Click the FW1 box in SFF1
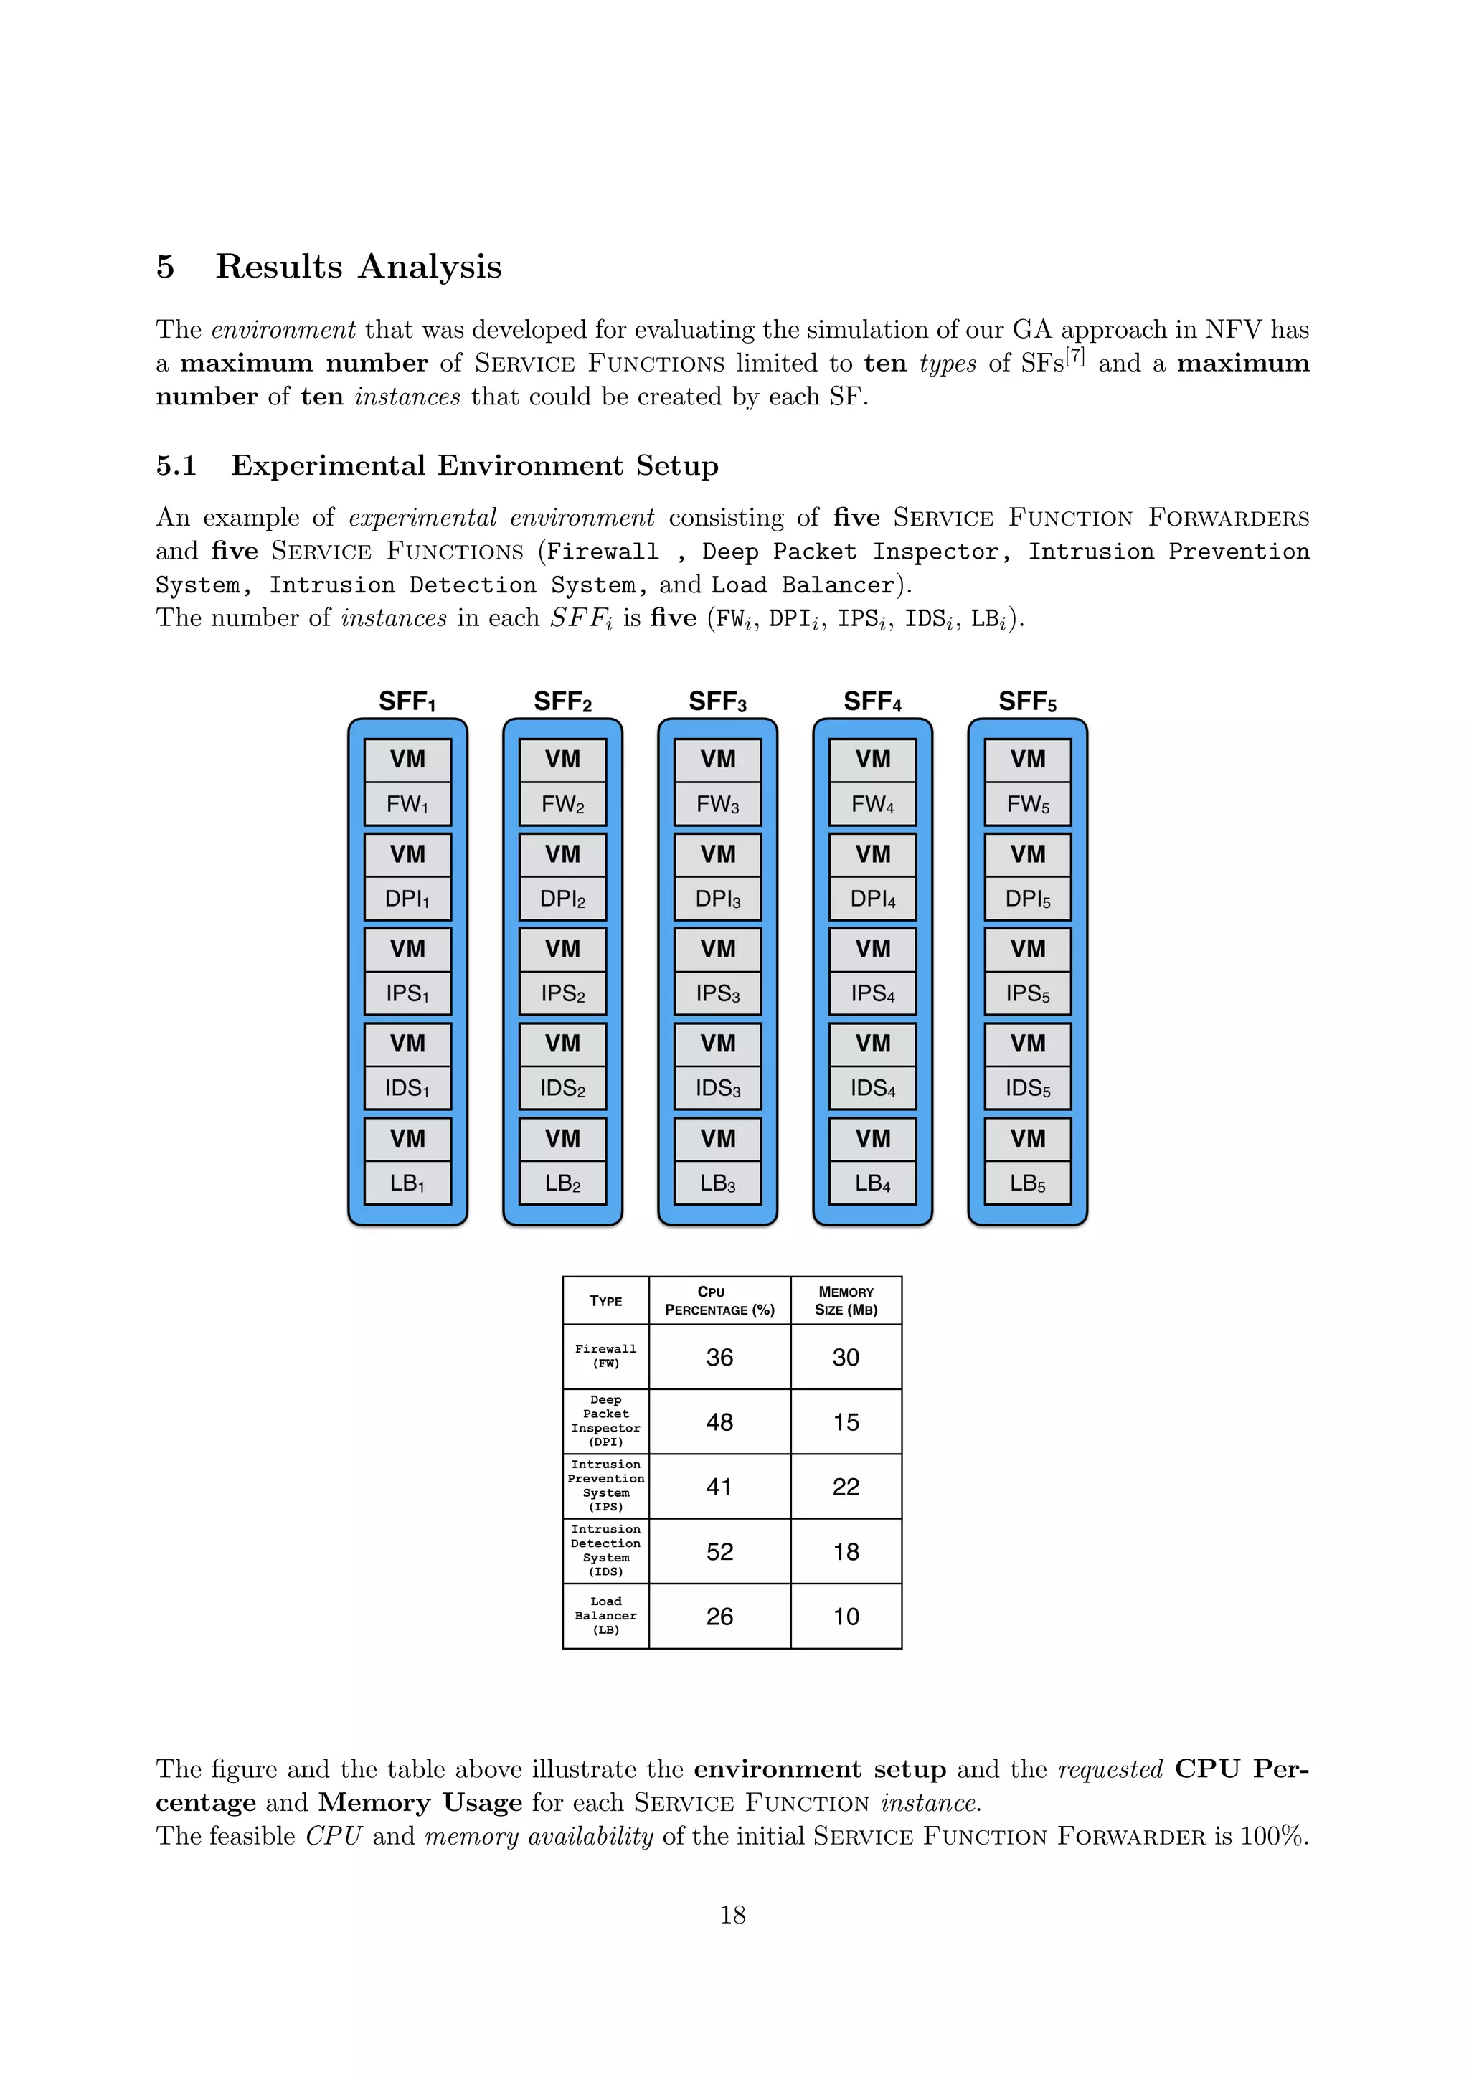pos(407,804)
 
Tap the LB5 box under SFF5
pos(1028,1183)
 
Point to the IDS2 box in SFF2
pos(562,1088)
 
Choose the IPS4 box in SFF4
pos(873,993)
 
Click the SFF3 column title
pos(717,702)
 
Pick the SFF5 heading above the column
pos(1028,702)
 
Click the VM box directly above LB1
pos(407,1138)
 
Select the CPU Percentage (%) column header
pos(719,1301)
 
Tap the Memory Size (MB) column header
pos(846,1301)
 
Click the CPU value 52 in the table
pos(719,1551)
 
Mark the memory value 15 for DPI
pos(846,1422)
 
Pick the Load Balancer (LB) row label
pos(605,1616)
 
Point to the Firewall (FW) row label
pos(605,1356)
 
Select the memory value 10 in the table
pos(846,1617)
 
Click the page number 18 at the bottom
pos(732,1914)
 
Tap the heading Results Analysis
pos(358,267)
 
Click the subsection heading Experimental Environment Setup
pos(475,466)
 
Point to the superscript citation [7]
pos(1074,356)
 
